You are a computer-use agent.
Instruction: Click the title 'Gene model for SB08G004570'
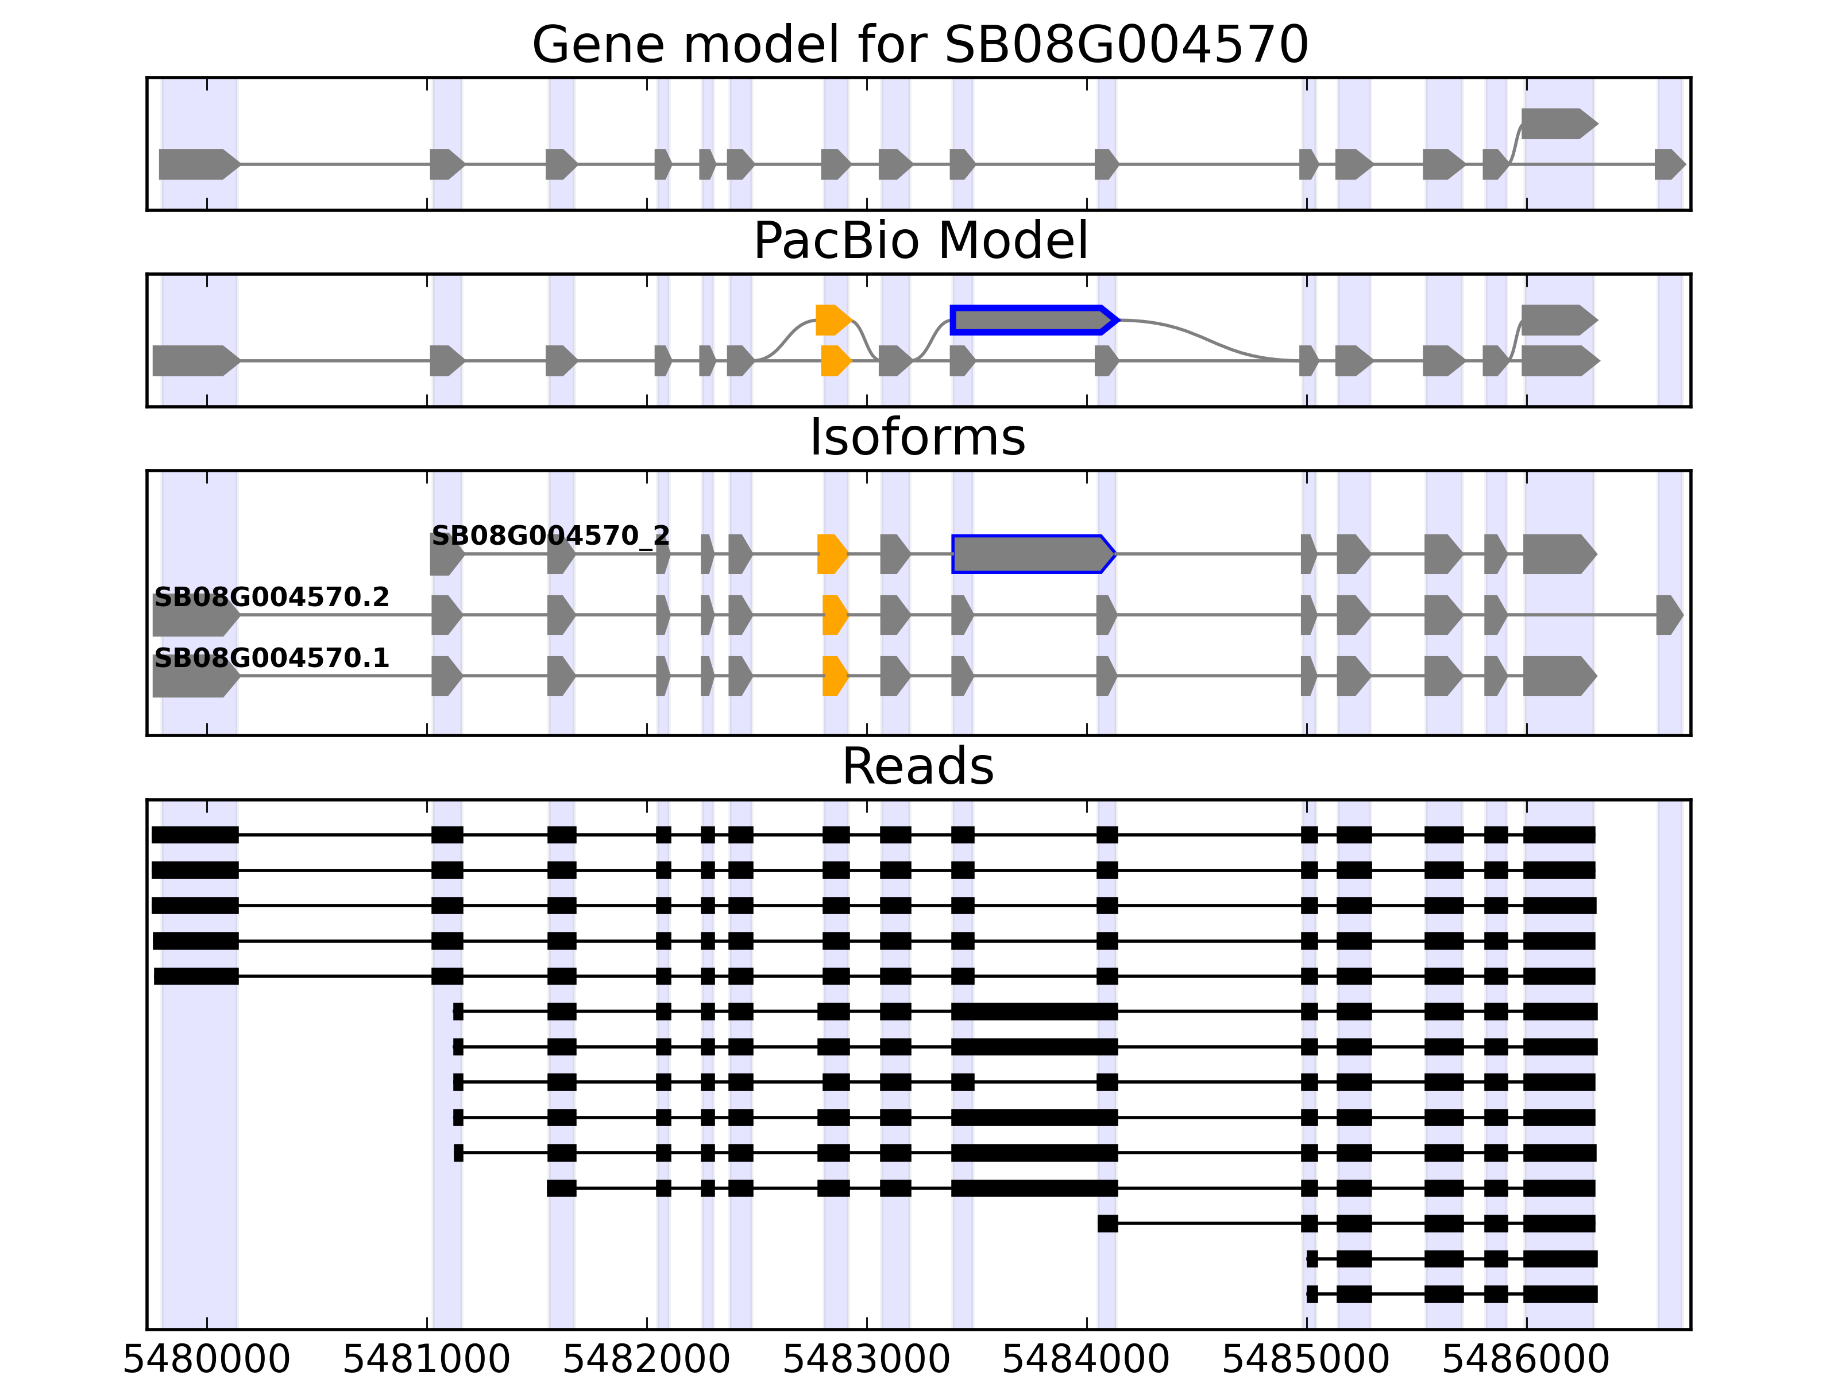click(920, 45)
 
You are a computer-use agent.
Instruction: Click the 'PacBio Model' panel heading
click(920, 241)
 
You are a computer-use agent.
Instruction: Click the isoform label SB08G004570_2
click(550, 536)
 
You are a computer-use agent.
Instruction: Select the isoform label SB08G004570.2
click(272, 598)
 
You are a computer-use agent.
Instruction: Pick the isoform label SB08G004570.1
click(272, 658)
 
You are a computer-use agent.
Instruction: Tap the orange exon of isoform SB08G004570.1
click(834, 676)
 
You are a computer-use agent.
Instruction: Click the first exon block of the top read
click(195, 834)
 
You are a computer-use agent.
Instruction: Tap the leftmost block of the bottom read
click(1312, 1294)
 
